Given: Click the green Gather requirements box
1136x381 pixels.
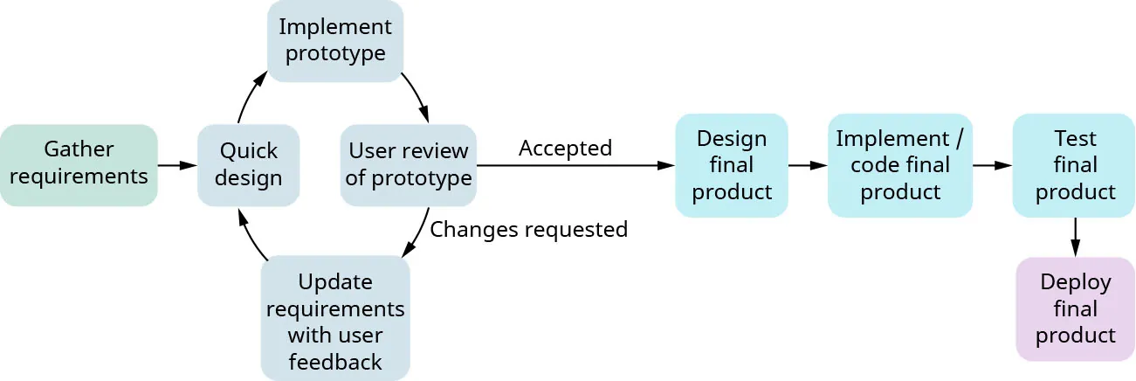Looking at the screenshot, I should tap(79, 164).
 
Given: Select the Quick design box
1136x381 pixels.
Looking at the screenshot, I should tap(248, 164).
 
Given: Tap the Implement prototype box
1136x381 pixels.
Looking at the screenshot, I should tap(335, 40).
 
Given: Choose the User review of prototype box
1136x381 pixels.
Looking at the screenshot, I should tap(409, 164).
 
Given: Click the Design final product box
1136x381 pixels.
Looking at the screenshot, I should tap(732, 164).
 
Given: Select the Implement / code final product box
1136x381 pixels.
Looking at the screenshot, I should tap(900, 164).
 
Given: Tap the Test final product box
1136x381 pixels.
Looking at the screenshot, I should tap(1074, 164).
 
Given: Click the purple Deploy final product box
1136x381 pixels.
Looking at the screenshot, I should tap(1075, 308).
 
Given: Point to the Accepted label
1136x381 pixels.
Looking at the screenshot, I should tap(565, 148).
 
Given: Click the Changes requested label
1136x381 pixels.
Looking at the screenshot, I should tap(529, 229).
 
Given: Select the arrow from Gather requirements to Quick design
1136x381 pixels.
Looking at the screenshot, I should tap(177, 164).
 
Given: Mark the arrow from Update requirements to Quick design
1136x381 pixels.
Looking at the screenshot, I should tap(250, 234).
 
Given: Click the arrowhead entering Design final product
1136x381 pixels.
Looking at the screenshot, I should tap(665, 164).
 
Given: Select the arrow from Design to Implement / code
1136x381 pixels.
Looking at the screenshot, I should tap(808, 164).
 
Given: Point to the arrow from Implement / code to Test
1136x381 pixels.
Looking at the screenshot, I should tap(993, 164).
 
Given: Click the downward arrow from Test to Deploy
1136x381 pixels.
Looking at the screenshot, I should tap(1075, 236).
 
